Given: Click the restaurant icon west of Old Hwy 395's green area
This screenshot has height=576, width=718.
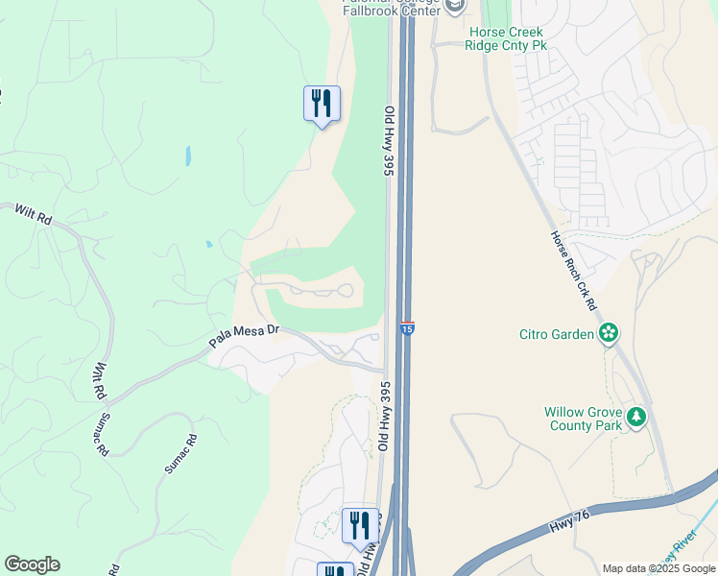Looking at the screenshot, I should coord(322,104).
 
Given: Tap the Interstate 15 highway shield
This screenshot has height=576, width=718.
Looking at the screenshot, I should coord(407,329).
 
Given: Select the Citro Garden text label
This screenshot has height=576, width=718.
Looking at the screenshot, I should coord(558,334).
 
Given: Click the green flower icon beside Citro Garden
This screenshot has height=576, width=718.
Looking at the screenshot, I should coord(608,333).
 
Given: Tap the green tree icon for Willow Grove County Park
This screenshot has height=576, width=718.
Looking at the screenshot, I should coord(637,418).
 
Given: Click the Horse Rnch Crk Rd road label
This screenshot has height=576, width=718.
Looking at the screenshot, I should coord(574,270).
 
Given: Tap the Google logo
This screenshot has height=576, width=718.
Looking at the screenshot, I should coord(32,564).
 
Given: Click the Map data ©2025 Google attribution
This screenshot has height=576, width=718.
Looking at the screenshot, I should coord(658,568).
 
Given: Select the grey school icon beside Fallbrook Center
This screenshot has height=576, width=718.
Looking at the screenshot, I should coord(455,6).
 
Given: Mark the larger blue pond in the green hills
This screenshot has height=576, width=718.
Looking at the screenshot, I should coord(188,156).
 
